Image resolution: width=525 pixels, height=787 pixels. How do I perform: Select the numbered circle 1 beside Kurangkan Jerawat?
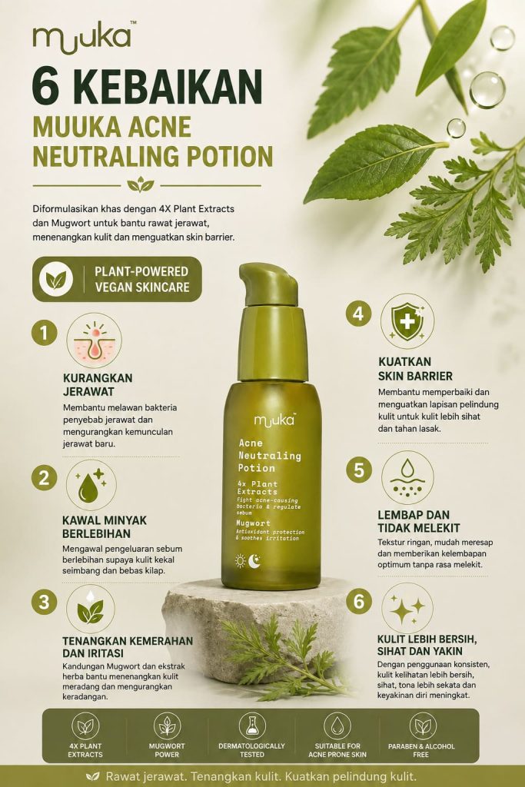(44, 333)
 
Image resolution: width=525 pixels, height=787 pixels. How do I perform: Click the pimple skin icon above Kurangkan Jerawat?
(94, 340)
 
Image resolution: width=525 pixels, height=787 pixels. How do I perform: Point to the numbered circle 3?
(44, 601)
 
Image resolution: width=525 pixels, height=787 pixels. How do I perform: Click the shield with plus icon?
(407, 321)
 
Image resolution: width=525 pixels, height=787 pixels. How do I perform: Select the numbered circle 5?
(359, 470)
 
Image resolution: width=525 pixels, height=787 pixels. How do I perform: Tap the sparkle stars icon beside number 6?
(407, 607)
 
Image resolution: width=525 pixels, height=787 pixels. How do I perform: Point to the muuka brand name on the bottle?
(274, 420)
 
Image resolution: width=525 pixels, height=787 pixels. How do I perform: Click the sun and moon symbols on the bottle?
(248, 560)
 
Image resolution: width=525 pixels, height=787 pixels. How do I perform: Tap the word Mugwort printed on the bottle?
(254, 523)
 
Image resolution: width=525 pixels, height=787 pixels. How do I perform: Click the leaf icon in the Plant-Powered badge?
(56, 279)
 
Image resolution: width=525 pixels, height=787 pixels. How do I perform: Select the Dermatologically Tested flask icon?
(252, 726)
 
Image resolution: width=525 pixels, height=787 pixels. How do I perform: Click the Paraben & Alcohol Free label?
(421, 750)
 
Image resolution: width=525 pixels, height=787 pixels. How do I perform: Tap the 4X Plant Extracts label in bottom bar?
(85, 750)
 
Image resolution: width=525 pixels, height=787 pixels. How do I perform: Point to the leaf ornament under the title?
(141, 184)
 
